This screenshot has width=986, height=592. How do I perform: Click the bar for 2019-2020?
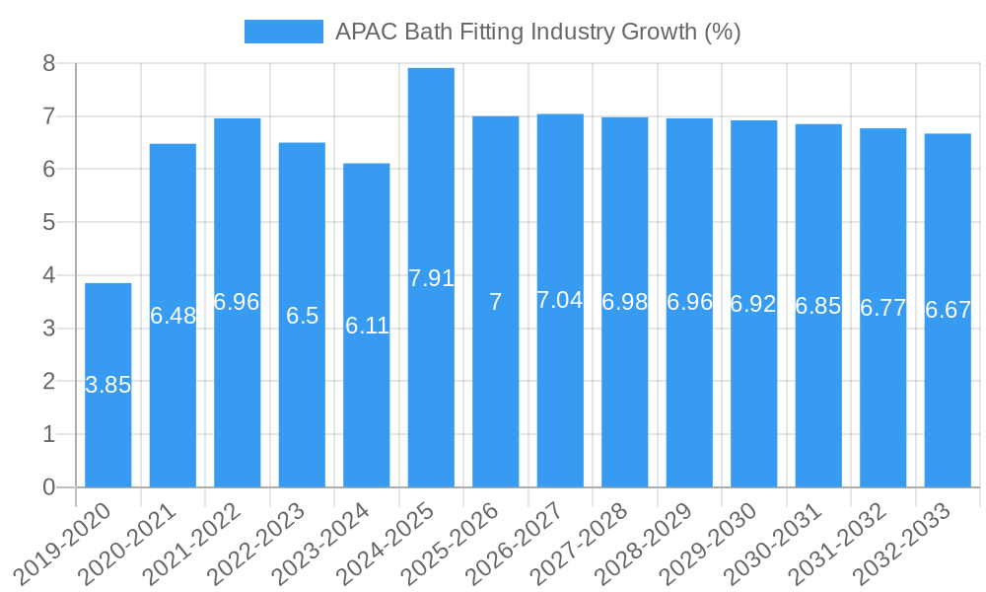(x=107, y=434)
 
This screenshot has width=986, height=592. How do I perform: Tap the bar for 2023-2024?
(x=367, y=414)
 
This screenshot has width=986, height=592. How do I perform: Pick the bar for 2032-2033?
(x=948, y=414)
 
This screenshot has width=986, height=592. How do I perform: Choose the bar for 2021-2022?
(x=238, y=414)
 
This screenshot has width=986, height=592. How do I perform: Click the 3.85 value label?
(x=108, y=386)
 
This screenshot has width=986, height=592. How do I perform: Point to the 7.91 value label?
(x=431, y=278)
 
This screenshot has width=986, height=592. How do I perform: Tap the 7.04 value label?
(x=560, y=301)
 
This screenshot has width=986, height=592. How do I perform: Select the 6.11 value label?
(x=367, y=326)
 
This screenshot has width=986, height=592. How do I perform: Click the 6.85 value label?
(x=818, y=306)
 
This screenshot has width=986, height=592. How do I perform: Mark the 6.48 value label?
(x=174, y=316)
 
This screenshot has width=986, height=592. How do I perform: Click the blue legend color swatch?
(x=284, y=32)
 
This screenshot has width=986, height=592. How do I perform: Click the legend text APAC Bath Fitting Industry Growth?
(x=537, y=32)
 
